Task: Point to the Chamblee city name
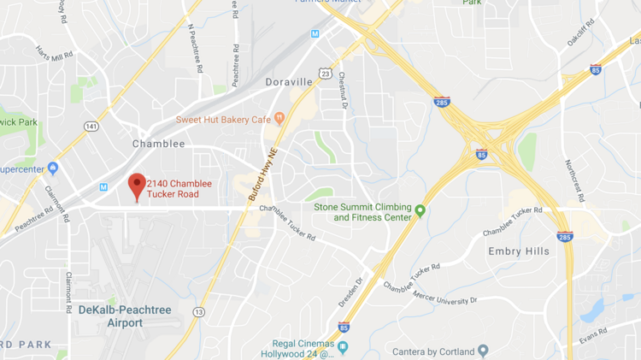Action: pos(158,144)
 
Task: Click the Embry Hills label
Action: pos(518,251)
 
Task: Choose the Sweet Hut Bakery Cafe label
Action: pos(223,119)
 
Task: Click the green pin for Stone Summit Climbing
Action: pos(420,210)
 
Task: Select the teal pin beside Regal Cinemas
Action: pos(343,346)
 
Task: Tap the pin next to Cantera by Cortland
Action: pos(483,351)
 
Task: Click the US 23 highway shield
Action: pos(326,74)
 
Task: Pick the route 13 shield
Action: pos(198,312)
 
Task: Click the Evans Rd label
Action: pos(591,331)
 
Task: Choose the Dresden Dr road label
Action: pos(350,292)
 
